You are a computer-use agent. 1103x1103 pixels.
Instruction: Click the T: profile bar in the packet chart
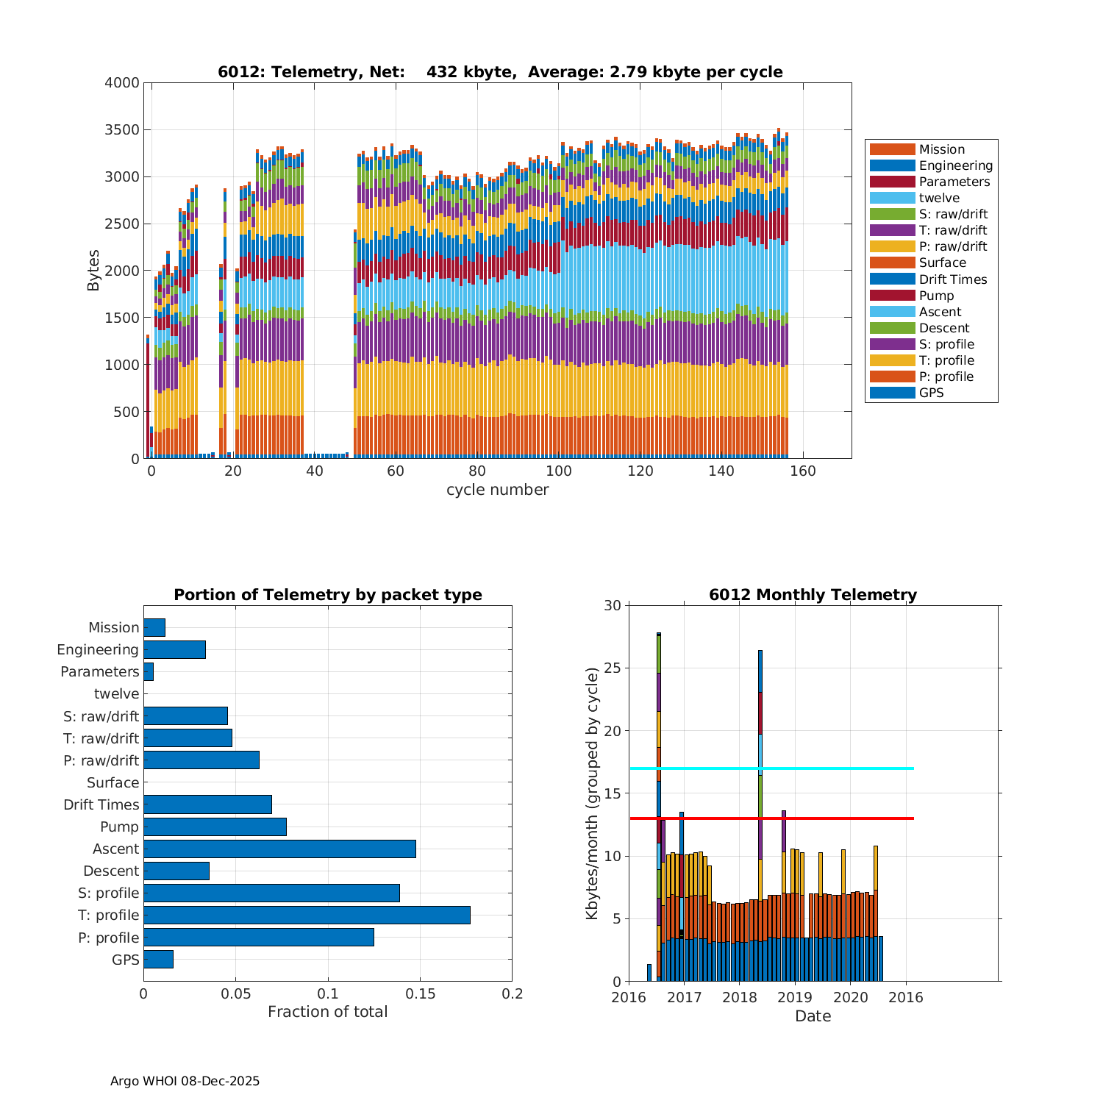(307, 915)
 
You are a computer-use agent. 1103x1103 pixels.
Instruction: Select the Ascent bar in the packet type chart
(279, 849)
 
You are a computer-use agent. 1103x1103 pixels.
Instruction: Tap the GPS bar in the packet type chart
(158, 959)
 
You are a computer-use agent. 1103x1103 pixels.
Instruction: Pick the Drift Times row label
(101, 804)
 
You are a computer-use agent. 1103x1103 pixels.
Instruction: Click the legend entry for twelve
(939, 198)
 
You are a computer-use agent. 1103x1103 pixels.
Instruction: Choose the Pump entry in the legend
(936, 296)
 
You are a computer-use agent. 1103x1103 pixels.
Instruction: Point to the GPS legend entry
(931, 393)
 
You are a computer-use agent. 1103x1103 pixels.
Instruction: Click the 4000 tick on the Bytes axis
(122, 83)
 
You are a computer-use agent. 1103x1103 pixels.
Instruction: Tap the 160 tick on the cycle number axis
(803, 471)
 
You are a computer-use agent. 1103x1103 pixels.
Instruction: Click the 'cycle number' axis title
(497, 490)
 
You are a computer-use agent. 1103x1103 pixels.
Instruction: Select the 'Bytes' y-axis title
(93, 271)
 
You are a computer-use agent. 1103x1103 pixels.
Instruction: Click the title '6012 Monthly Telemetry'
(813, 595)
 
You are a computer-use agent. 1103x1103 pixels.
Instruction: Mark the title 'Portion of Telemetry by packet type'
(328, 595)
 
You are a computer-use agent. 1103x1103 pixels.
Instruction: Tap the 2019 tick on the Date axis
(794, 997)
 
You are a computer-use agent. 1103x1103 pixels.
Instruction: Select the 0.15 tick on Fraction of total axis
(420, 994)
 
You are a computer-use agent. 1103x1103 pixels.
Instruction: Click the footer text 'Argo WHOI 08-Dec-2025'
(185, 1081)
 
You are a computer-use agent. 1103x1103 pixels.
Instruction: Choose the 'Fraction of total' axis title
(327, 1012)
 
